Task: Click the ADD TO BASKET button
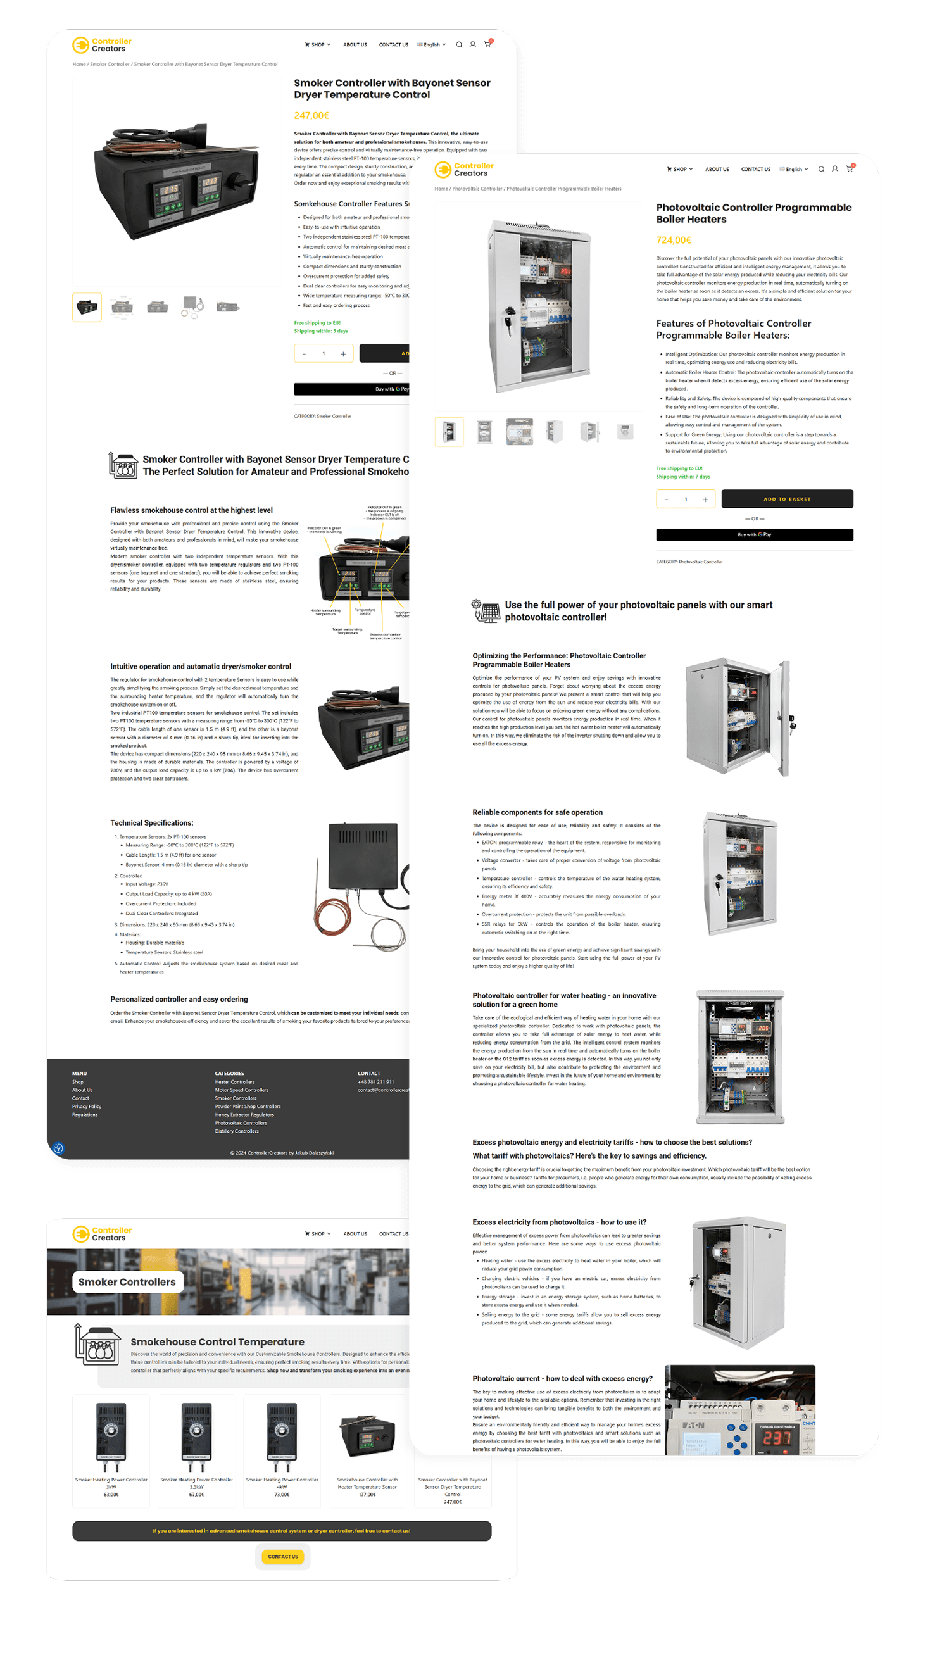click(786, 499)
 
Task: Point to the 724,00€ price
click(674, 240)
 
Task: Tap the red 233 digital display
click(777, 1438)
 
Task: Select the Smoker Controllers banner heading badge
click(127, 1282)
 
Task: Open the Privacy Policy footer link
click(87, 1107)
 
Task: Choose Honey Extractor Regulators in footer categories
click(244, 1114)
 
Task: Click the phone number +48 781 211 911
click(375, 1082)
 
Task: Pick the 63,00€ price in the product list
click(111, 1494)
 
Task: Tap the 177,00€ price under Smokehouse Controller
click(367, 1494)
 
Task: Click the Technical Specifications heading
click(152, 823)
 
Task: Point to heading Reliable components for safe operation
click(537, 812)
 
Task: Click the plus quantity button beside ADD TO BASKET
click(705, 499)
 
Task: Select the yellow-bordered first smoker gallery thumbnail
click(87, 307)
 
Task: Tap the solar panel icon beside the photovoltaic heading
click(486, 610)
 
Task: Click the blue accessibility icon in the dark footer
click(58, 1148)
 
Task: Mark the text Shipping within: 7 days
click(682, 477)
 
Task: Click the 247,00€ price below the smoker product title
click(311, 116)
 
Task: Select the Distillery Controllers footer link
click(237, 1131)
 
